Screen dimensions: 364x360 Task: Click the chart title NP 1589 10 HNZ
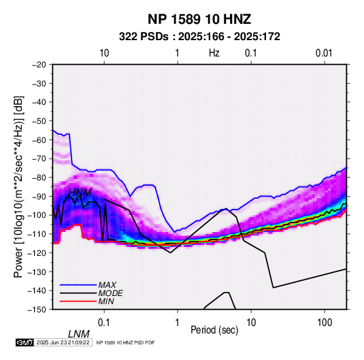pyautogui.click(x=199, y=19)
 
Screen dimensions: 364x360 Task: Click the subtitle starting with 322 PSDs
pyautogui.click(x=199, y=37)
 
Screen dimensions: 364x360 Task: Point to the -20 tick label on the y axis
pyautogui.click(x=39, y=65)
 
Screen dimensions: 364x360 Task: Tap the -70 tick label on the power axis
pyautogui.click(x=39, y=159)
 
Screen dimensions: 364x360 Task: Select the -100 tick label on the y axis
pyautogui.click(x=37, y=215)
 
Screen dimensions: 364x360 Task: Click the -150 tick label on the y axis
pyautogui.click(x=37, y=310)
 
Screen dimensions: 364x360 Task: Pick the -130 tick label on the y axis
pyautogui.click(x=37, y=272)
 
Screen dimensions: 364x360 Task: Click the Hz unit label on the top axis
pyautogui.click(x=214, y=53)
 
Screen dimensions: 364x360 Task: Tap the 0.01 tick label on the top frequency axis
pyautogui.click(x=324, y=53)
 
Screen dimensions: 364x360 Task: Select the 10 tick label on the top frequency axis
pyautogui.click(x=104, y=53)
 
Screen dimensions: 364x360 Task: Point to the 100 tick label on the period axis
pyautogui.click(x=325, y=323)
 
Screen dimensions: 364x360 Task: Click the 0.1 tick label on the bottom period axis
pyautogui.click(x=104, y=323)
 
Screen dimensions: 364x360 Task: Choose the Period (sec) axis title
pyautogui.click(x=214, y=330)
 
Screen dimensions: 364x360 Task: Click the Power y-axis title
pyautogui.click(x=18, y=186)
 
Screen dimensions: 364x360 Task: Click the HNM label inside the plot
pyautogui.click(x=80, y=193)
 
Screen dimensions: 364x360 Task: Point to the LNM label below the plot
pyautogui.click(x=78, y=334)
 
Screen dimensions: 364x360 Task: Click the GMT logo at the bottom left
pyautogui.click(x=25, y=342)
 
